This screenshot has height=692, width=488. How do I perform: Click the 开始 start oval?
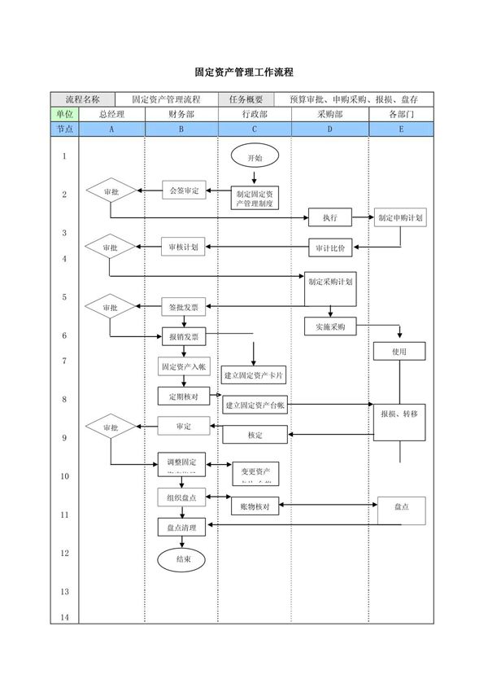click(255, 157)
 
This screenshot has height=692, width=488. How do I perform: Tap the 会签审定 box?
click(184, 191)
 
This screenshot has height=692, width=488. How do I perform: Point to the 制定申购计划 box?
click(399, 217)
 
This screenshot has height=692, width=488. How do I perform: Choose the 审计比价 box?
click(329, 247)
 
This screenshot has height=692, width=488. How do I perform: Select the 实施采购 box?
click(329, 326)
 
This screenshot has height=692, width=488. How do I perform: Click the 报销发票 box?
click(184, 336)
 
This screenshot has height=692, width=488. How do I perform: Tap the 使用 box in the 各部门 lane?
click(399, 351)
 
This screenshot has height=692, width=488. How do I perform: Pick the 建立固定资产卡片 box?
click(254, 376)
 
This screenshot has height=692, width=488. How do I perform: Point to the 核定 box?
click(254, 436)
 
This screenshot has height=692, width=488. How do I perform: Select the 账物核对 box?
click(255, 506)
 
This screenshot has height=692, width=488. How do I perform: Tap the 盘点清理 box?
click(181, 528)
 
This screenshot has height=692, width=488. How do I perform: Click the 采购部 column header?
click(329, 114)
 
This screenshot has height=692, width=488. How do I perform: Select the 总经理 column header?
click(111, 114)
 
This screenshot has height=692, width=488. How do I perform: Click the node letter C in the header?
click(255, 129)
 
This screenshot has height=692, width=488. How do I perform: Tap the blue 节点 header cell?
click(64, 129)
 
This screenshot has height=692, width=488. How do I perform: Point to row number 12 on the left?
click(64, 553)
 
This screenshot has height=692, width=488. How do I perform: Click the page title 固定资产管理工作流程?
click(244, 72)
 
